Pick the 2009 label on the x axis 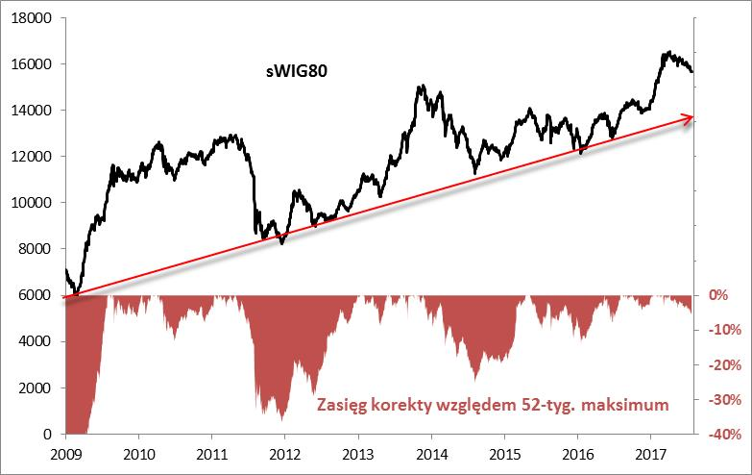tap(65, 453)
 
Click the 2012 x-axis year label tap(284, 453)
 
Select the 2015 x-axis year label tap(503, 453)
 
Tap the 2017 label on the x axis tap(650, 453)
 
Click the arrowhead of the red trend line tap(688, 117)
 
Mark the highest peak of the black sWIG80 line tap(667, 53)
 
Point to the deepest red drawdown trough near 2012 tap(281, 420)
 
